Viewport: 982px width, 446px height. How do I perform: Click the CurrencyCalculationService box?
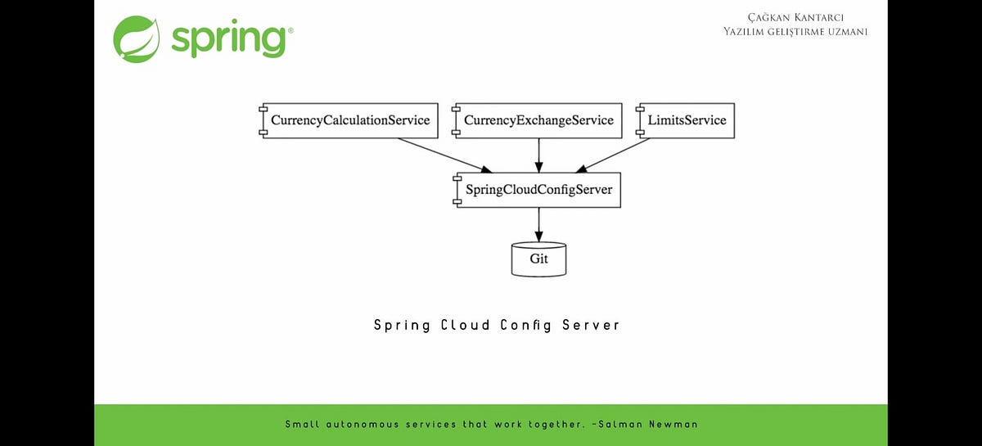pyautogui.click(x=349, y=120)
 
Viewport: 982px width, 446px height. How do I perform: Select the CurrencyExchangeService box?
pyautogui.click(x=538, y=120)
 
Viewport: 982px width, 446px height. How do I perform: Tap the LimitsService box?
pyautogui.click(x=686, y=120)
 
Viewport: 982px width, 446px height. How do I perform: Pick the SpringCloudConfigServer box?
pyautogui.click(x=538, y=190)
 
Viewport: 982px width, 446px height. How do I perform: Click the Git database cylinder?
pyautogui.click(x=538, y=259)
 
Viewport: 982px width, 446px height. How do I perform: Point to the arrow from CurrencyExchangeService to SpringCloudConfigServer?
pyautogui.click(x=538, y=155)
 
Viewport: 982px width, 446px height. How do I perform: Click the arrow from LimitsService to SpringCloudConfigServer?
pyautogui.click(x=615, y=155)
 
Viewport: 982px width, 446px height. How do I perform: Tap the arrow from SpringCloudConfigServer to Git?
pyautogui.click(x=538, y=224)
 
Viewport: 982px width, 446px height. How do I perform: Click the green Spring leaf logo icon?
pyautogui.click(x=136, y=38)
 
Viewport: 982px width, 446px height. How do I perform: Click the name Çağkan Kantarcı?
pyautogui.click(x=795, y=17)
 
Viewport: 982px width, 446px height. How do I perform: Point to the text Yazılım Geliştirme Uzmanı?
pyautogui.click(x=795, y=31)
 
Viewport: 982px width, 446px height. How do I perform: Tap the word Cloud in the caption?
pyautogui.click(x=466, y=325)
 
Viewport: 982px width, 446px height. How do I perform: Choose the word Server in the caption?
pyautogui.click(x=591, y=325)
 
